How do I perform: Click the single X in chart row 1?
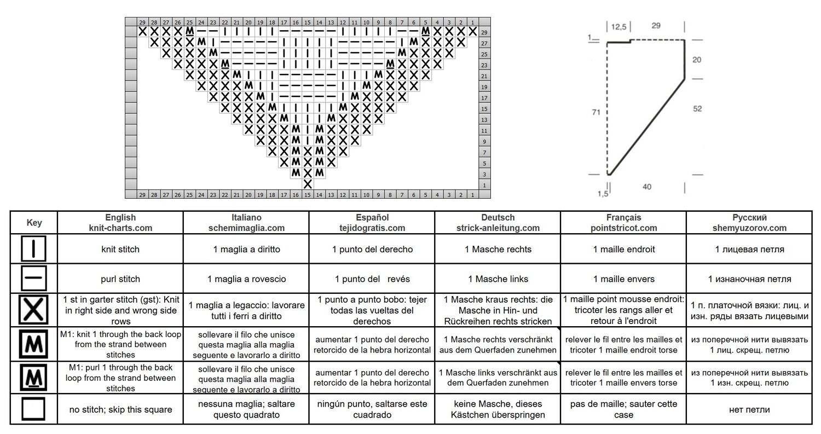pyautogui.click(x=308, y=184)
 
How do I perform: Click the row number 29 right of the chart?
pyautogui.click(x=484, y=32)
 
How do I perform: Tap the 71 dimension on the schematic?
pyautogui.click(x=596, y=112)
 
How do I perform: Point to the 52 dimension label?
pyautogui.click(x=697, y=108)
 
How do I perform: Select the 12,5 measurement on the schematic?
pyautogui.click(x=618, y=27)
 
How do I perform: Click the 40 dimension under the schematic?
pyautogui.click(x=647, y=187)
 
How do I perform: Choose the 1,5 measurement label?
pyautogui.click(x=603, y=194)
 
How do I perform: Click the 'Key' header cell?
pyautogui.click(x=34, y=223)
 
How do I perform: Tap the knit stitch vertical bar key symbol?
pyautogui.click(x=33, y=248)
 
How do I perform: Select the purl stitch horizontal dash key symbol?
pyautogui.click(x=33, y=278)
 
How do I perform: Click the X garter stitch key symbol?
pyautogui.click(x=33, y=310)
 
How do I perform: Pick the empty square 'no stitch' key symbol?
pyautogui.click(x=33, y=409)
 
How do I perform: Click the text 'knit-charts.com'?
pyautogui.click(x=120, y=228)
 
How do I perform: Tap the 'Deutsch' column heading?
pyautogui.click(x=498, y=217)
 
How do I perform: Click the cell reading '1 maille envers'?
pyautogui.click(x=623, y=279)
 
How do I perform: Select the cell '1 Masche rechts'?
pyautogui.click(x=498, y=249)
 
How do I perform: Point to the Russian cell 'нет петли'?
pyautogui.click(x=749, y=409)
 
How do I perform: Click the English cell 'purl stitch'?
pyautogui.click(x=120, y=279)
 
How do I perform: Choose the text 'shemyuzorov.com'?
pyautogui.click(x=749, y=228)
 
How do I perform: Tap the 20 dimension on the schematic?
pyautogui.click(x=696, y=60)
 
